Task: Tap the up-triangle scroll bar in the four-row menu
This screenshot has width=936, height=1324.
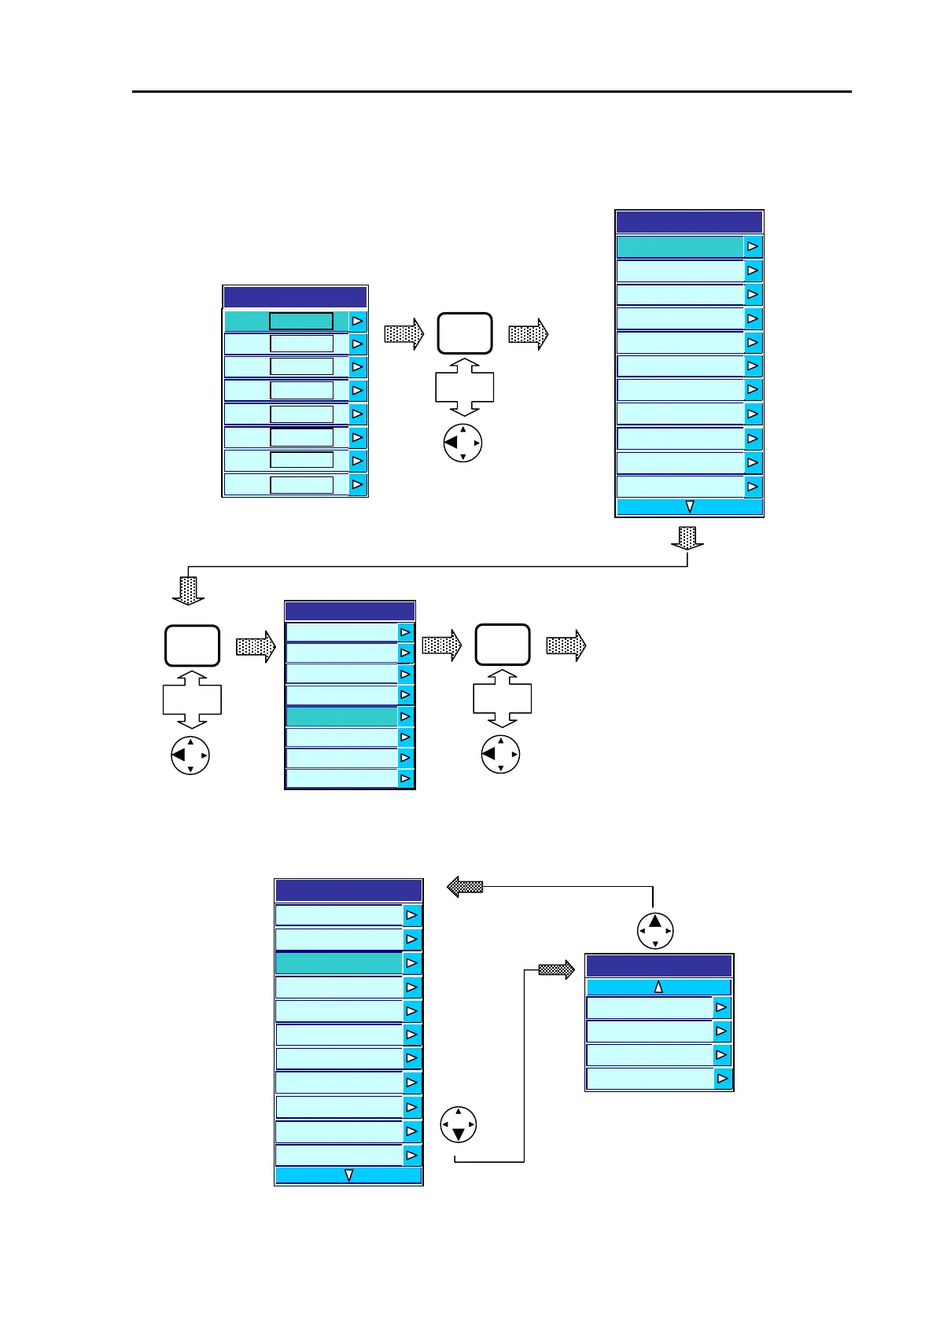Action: (658, 987)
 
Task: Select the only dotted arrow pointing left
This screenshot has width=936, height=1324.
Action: (464, 887)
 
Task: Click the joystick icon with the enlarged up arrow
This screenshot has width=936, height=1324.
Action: (655, 931)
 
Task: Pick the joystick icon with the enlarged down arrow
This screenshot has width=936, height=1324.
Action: (459, 1125)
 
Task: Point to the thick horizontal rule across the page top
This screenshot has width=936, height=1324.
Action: (492, 92)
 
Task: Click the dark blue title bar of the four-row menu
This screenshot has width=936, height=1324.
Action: (658, 965)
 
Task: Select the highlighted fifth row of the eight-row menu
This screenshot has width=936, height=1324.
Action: (341, 716)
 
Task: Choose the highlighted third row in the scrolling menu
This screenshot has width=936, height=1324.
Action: (339, 963)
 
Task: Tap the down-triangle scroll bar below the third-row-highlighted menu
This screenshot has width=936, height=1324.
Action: (348, 1175)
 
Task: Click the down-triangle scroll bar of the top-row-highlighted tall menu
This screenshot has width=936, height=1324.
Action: (689, 507)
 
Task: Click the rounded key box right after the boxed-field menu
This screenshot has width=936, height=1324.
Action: (465, 333)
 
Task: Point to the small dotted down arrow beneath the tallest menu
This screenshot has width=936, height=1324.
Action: (687, 538)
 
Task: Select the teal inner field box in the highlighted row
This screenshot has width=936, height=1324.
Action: (301, 321)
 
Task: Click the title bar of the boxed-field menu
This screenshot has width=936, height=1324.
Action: (295, 297)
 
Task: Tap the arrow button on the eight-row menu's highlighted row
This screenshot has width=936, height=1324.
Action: (406, 716)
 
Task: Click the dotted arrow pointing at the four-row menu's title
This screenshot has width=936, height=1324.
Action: (557, 970)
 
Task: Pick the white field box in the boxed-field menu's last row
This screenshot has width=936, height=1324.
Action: (301, 484)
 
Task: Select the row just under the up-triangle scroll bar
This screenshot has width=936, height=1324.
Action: (650, 1008)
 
